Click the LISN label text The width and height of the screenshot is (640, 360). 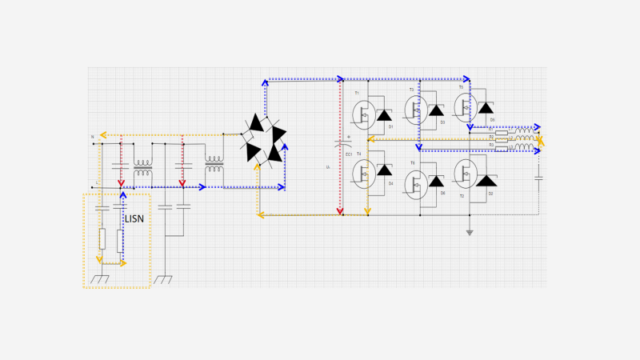pos(134,218)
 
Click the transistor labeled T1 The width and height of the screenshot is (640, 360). pos(364,114)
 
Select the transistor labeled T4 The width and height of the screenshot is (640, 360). pos(364,172)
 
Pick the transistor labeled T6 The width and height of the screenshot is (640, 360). pos(415,183)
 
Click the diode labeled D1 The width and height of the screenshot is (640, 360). pos(384,115)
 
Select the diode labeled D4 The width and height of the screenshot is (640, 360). pos(384,170)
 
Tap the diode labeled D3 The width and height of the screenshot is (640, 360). pos(436,111)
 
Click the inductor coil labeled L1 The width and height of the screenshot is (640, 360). pos(525,130)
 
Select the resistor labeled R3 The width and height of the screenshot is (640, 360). pos(502,149)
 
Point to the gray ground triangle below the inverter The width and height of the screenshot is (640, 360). pos(470,233)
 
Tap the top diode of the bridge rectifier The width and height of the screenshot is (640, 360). pos(256,123)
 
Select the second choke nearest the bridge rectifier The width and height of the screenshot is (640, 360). pos(214,168)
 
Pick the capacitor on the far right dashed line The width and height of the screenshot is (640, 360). pos(538,177)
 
